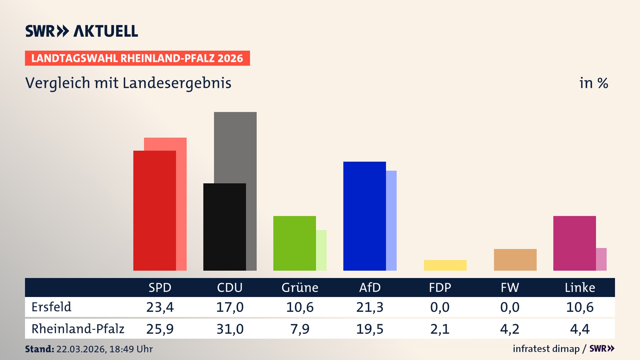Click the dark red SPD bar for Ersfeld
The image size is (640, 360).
tap(154, 211)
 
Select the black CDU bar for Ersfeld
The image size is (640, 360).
tap(224, 227)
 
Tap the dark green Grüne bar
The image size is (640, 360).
tap(294, 243)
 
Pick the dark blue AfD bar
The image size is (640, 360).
tap(364, 216)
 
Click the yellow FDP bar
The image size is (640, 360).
tap(445, 265)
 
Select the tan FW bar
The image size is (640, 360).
tap(515, 260)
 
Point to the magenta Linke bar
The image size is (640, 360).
tap(574, 243)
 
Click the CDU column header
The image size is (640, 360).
tap(230, 288)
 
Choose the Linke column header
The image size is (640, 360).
tap(580, 288)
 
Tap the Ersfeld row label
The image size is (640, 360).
tap(51, 307)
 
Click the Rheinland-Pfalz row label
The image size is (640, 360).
tap(78, 329)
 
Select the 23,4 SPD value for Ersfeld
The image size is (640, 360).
tap(160, 307)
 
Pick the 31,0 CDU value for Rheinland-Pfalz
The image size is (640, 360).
tap(230, 329)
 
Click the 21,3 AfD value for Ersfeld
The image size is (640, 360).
tap(370, 307)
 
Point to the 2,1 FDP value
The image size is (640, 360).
tap(440, 329)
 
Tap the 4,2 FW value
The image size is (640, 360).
tap(510, 329)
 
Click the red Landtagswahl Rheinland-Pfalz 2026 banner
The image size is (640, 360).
tap(137, 58)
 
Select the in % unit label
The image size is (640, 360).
tap(593, 83)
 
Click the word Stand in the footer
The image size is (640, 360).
tap(39, 349)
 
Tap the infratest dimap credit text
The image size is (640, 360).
tap(546, 349)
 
